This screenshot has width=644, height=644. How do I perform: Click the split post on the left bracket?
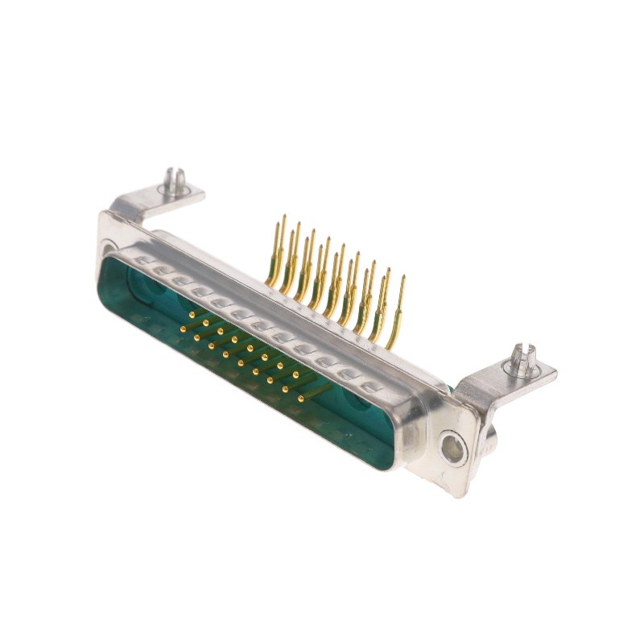pos(173,182)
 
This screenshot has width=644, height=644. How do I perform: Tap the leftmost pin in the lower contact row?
pos(183,329)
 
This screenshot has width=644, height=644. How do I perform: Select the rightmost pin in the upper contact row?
pos(295,375)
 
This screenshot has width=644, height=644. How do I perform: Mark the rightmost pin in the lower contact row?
pos(300,398)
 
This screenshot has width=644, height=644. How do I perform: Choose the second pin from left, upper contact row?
pos(206,324)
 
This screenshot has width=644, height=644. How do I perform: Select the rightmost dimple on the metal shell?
pos(370,387)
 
